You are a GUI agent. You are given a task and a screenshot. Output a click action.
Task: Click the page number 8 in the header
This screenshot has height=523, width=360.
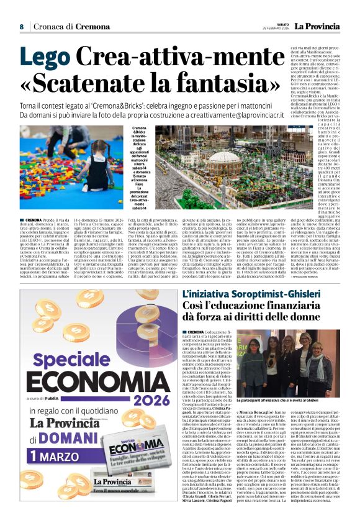(22, 27)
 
